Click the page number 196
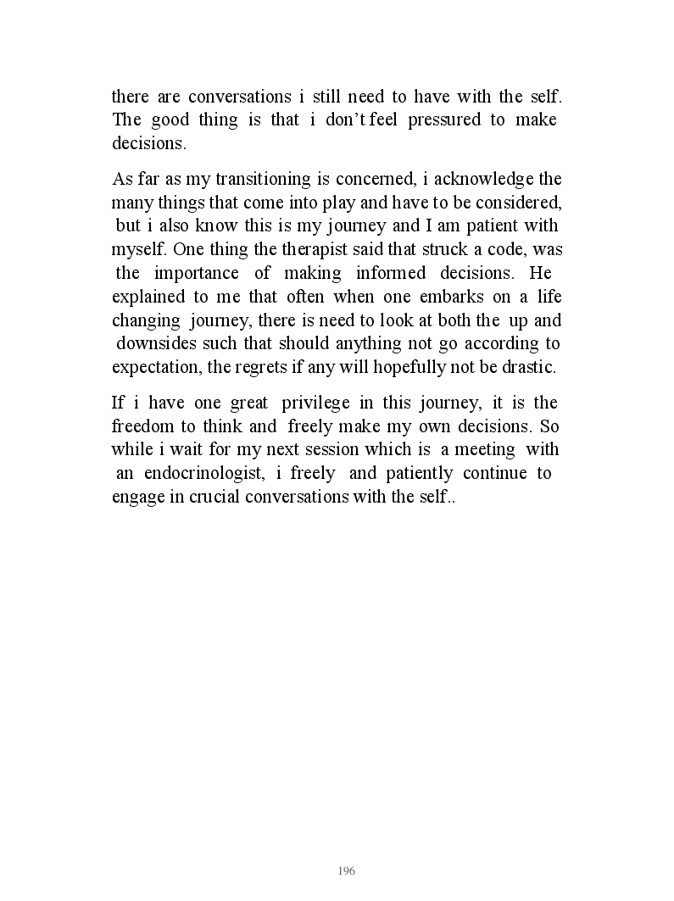[x=346, y=871]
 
